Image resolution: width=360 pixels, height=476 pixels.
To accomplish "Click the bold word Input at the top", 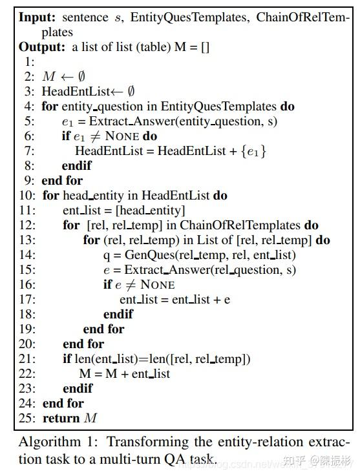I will tap(36, 17).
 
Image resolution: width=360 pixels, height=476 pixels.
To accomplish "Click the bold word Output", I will tap(41, 47).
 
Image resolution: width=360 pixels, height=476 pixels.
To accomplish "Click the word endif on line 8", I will tap(77, 166).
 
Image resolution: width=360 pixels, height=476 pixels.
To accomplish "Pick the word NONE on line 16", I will tap(158, 285).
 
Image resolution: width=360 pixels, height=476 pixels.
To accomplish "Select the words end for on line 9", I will tap(62, 181).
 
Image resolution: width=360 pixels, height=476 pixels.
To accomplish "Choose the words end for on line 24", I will tap(63, 404).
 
